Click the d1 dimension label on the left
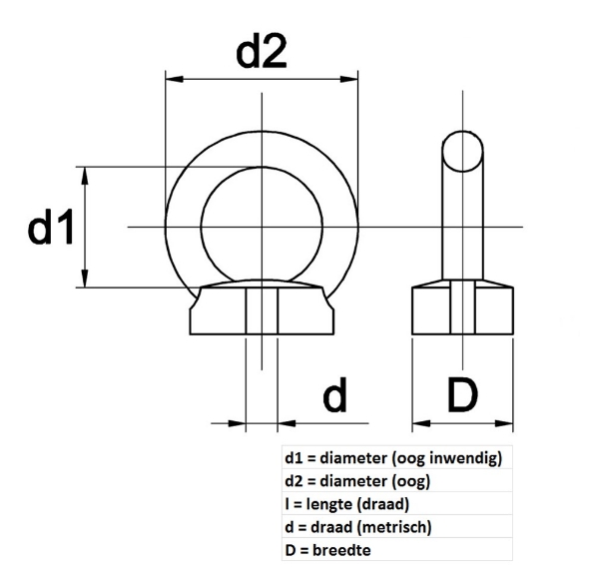51,230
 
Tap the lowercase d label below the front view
334,396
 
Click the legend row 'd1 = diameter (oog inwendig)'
392,458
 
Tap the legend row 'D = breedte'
329,550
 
